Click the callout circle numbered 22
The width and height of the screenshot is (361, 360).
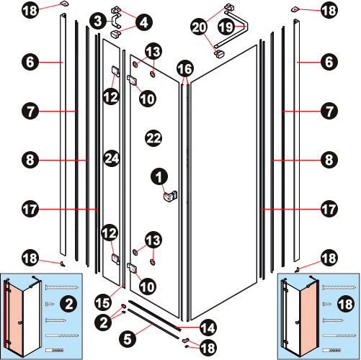coord(153,138)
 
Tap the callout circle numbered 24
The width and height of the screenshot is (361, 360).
coord(112,158)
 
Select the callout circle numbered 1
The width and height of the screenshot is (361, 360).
coord(159,177)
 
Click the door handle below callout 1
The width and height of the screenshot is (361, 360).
coord(170,196)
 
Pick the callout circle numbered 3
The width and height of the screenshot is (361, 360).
coord(98,21)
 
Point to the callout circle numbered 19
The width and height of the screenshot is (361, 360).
coord(226,27)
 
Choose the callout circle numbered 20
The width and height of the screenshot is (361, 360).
coord(199,27)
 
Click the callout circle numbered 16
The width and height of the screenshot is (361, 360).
coord(185,69)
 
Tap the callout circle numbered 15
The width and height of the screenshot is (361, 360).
coord(103,303)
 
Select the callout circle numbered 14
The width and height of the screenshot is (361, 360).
coord(208,328)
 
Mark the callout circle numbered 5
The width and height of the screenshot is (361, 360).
coord(128,339)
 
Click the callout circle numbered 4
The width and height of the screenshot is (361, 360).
coord(144,22)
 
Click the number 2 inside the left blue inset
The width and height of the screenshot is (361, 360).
coord(68,304)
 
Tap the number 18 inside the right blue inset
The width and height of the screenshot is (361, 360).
coord(346,304)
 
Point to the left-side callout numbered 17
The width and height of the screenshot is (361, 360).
coord(30,209)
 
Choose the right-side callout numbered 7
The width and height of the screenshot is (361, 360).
coord(329,111)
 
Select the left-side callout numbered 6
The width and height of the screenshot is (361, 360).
coord(30,62)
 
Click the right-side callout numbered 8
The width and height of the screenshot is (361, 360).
coord(329,160)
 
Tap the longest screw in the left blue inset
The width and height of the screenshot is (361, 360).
coord(62,287)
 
